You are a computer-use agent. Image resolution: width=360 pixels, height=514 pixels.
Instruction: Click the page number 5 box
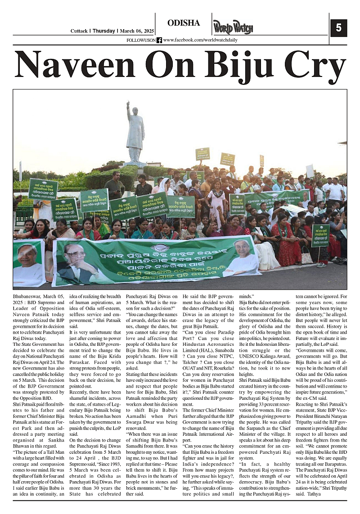(338, 28)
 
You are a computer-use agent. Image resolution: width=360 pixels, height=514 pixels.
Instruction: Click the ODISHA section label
(183, 23)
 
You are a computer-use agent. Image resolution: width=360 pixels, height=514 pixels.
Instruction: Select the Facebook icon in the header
(159, 40)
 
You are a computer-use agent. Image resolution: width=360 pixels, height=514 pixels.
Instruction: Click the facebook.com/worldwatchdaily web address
(200, 40)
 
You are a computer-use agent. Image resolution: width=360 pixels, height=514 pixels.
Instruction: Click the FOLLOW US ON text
(141, 40)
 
